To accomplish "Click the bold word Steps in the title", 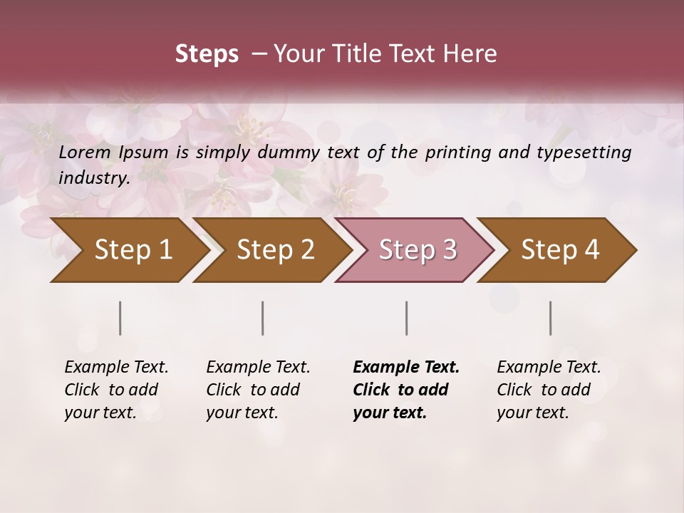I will pos(207,54).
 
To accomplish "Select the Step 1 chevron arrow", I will pos(128,250).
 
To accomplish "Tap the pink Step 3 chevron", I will pos(417,250).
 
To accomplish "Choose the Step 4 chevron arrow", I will pos(559,250).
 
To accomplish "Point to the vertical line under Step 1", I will pos(120,318).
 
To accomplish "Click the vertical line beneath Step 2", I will pos(263,318).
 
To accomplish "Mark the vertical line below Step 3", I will pos(407,318).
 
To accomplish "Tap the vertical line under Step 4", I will pos(551,318).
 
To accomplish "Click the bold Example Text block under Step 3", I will pos(405,390).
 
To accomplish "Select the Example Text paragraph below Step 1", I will pos(116,390).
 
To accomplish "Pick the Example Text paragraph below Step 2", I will pos(258,390).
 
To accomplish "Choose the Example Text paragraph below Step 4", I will pos(549,390).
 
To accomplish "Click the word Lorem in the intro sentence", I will pos(85,152).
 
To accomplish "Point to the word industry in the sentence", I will pos(93,178).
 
